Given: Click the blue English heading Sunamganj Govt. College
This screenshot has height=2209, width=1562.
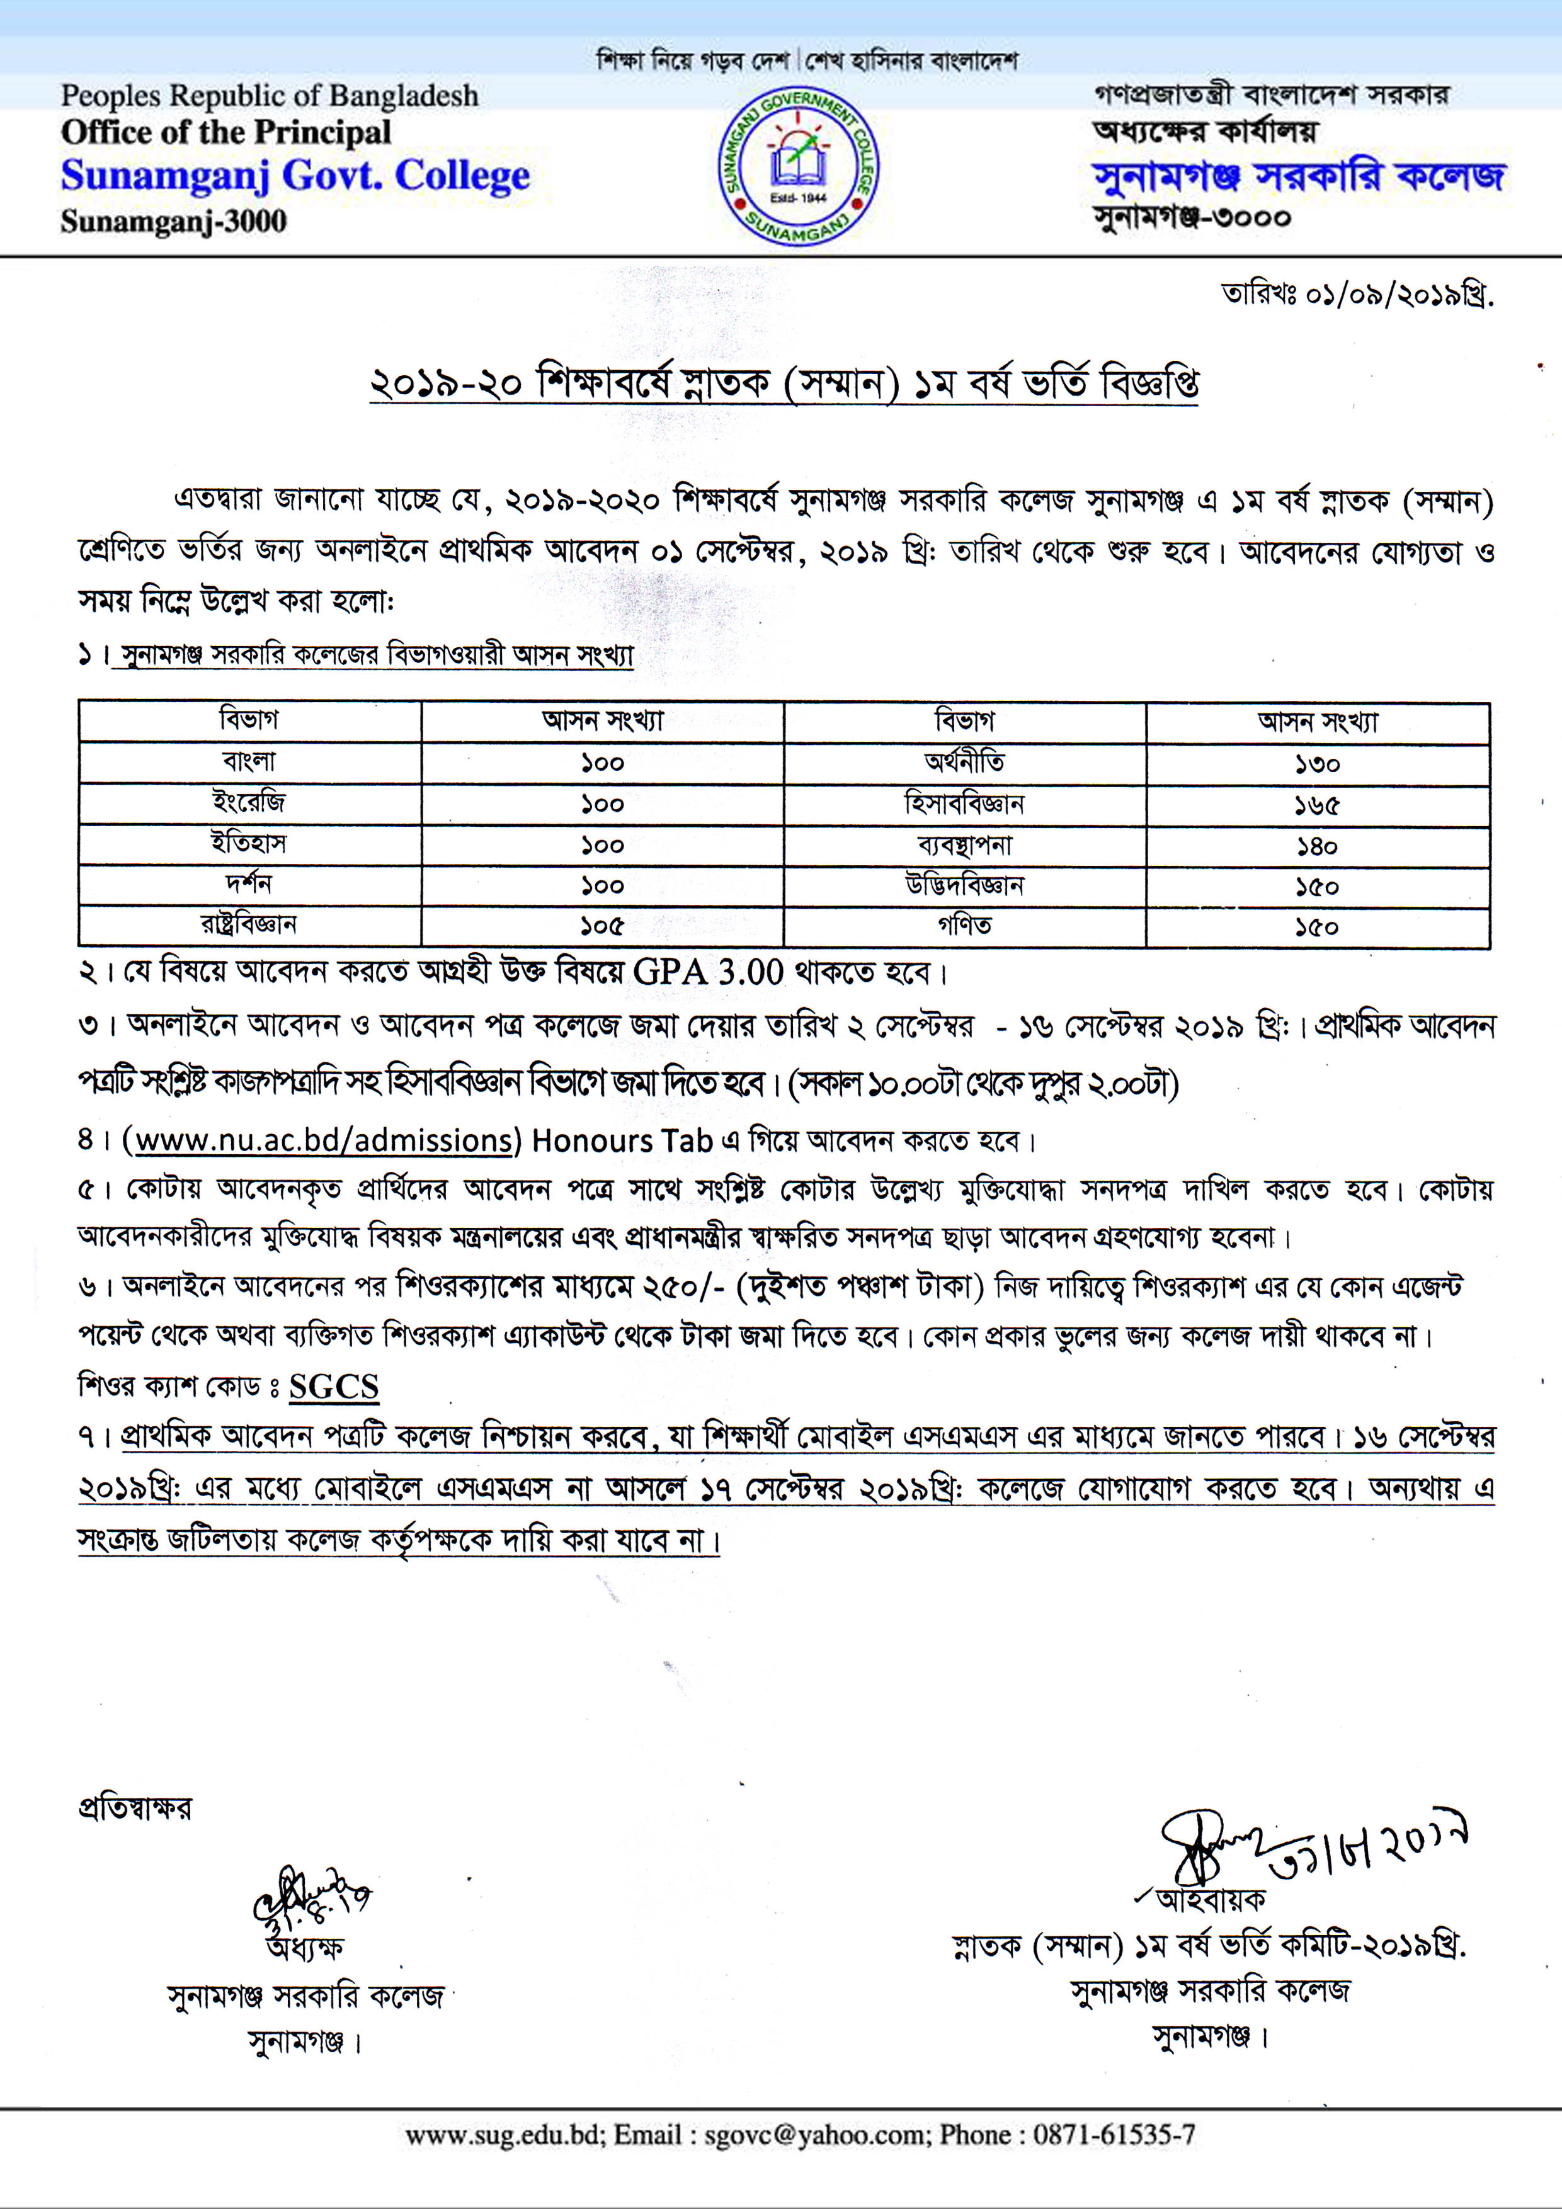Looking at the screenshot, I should coord(295,176).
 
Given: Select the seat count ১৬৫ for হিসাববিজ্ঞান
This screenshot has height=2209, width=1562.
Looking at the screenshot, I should coord(1316,804).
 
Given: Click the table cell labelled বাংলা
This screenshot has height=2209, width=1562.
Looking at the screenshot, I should coord(249,762).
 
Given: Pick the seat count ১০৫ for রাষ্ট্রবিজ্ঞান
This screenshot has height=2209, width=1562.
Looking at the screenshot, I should coord(603,926).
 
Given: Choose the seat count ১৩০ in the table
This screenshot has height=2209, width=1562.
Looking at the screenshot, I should coord(1316,764).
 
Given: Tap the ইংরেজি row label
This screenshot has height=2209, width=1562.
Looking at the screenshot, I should coord(249,802).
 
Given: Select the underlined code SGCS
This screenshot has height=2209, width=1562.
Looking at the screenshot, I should coord(334,1387).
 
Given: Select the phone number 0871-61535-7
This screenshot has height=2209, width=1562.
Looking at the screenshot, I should coord(1114,2135).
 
